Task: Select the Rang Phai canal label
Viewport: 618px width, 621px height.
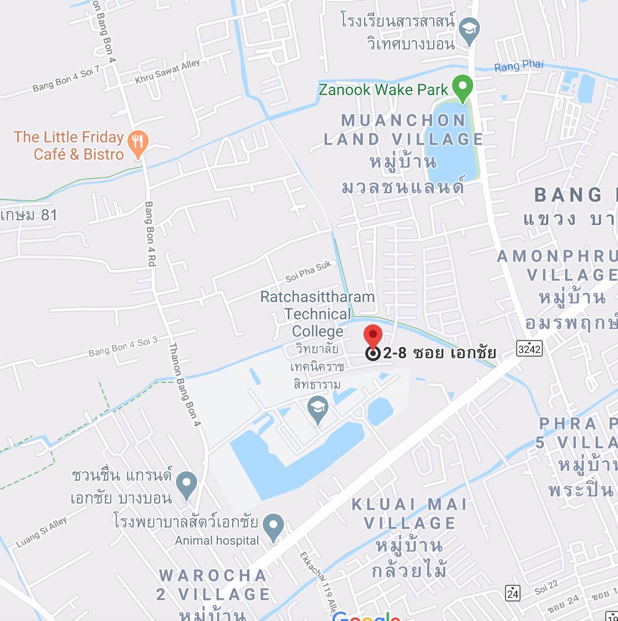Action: click(519, 66)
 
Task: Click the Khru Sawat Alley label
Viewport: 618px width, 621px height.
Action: click(167, 73)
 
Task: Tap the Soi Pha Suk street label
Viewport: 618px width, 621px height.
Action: click(308, 270)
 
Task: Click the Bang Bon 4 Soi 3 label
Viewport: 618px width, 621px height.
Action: click(123, 346)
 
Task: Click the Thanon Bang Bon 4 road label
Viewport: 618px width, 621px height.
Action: click(184, 384)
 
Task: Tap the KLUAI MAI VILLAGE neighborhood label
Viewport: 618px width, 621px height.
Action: click(409, 513)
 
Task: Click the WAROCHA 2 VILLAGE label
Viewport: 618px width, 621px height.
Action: click(213, 584)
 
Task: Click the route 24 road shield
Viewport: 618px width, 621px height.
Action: click(513, 593)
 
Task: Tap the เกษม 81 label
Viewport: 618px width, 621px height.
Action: click(29, 215)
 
